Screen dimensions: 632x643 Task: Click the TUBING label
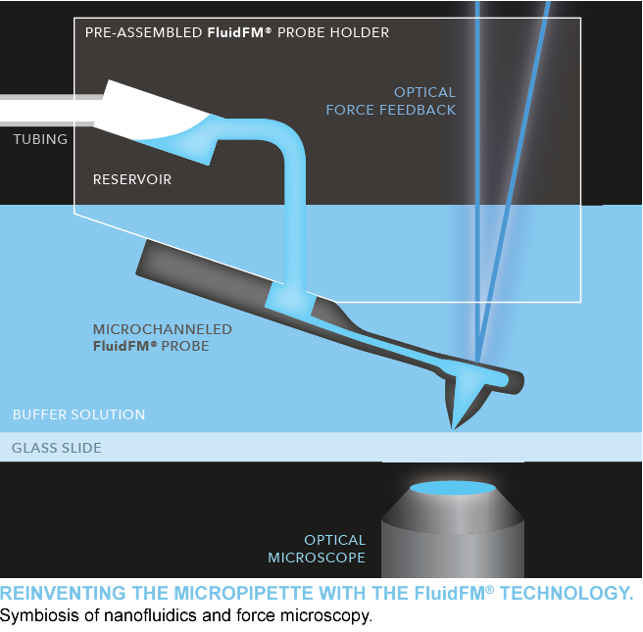point(40,139)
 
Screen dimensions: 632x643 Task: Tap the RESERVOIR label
point(131,179)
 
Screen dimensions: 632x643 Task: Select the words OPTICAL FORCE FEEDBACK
point(391,101)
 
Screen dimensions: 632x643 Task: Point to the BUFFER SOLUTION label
point(78,414)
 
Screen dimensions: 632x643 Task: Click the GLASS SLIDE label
point(56,449)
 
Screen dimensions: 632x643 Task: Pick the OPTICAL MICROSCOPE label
point(317,549)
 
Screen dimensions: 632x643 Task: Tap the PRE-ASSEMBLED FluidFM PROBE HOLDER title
point(236,32)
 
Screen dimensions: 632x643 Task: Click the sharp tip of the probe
point(452,427)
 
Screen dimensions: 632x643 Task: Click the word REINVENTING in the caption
point(61,594)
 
